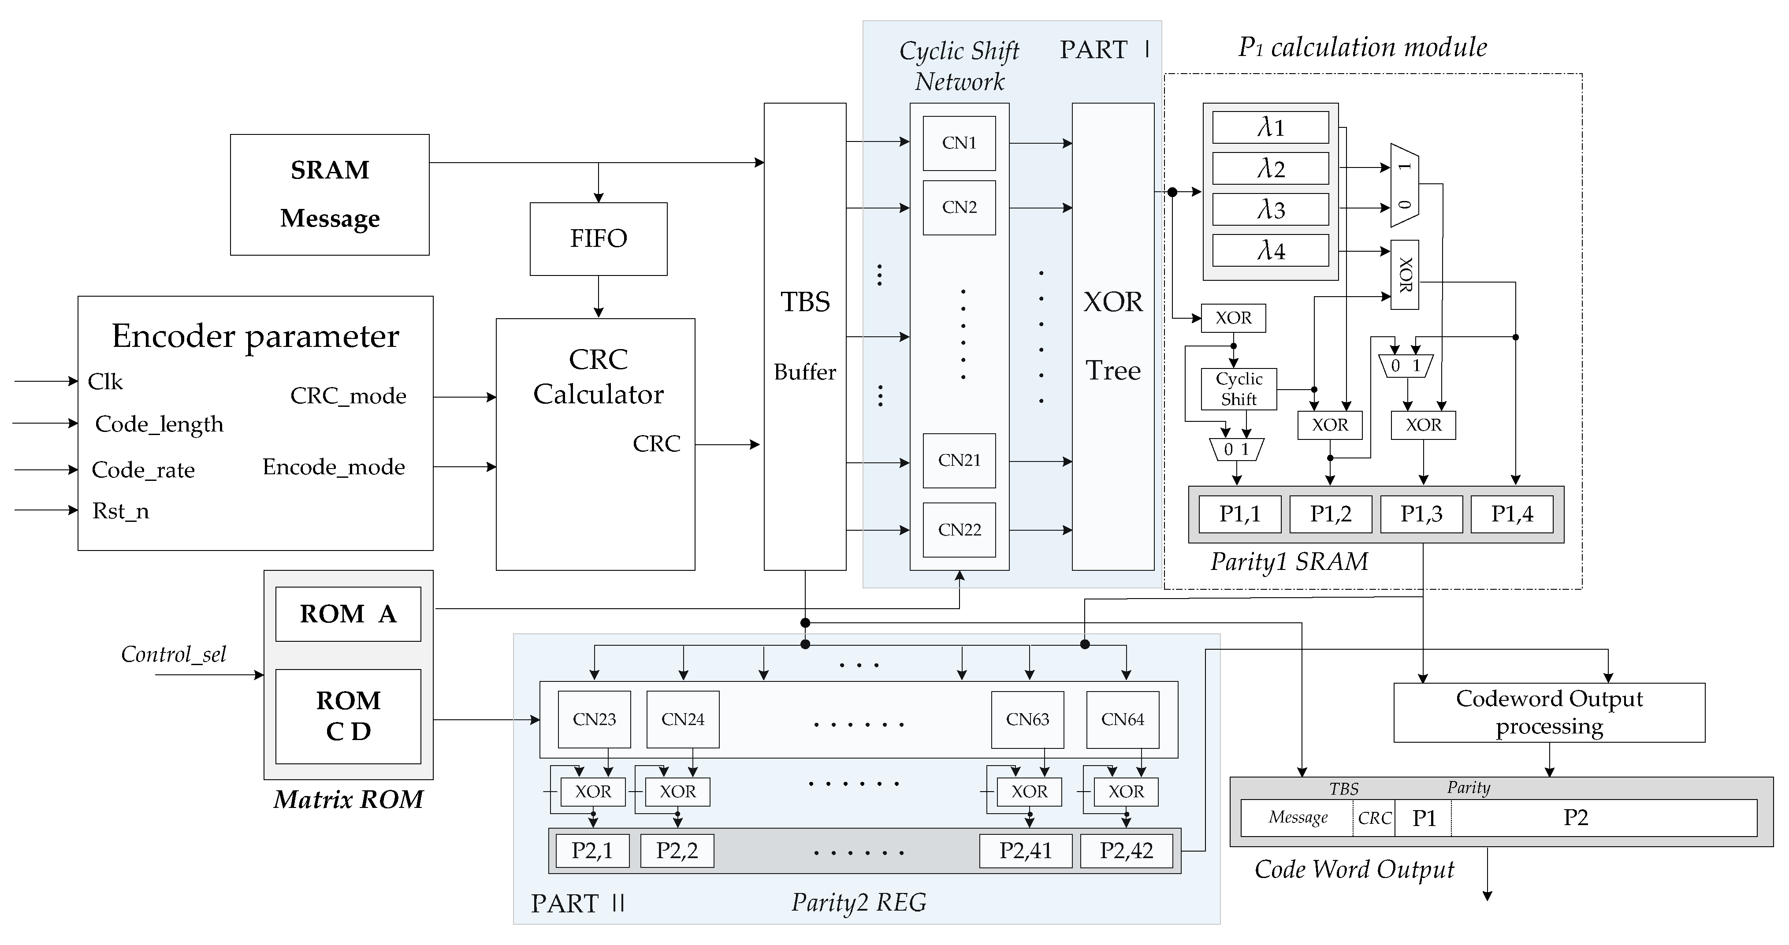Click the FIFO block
(598, 239)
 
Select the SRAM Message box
(329, 194)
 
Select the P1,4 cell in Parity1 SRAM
(1511, 514)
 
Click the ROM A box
(348, 614)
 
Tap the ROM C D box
(348, 716)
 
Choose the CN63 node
(1027, 719)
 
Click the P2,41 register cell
(1025, 851)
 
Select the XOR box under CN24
(677, 792)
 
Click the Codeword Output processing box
(1549, 712)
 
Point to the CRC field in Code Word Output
(1374, 818)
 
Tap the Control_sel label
(174, 654)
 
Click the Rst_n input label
(121, 511)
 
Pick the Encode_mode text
(333, 467)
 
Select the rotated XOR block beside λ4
(1404, 275)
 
